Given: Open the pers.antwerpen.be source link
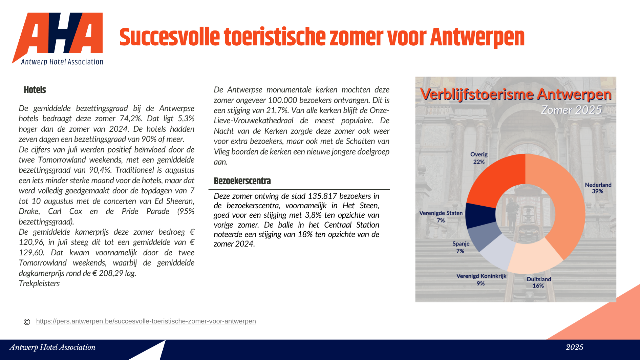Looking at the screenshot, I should pyautogui.click(x=146, y=321).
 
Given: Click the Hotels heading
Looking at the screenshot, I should pyautogui.click(x=35, y=90).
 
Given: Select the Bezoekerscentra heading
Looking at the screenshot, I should pyautogui.click(x=242, y=181).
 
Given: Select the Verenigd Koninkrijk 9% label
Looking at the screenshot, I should pyautogui.click(x=481, y=279).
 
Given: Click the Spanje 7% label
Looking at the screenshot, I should pyautogui.click(x=461, y=247).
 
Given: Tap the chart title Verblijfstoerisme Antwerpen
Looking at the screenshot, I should pyautogui.click(x=515, y=94).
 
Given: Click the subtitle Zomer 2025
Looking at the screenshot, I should pyautogui.click(x=571, y=110).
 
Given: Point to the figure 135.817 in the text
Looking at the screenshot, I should pyautogui.click(x=322, y=196).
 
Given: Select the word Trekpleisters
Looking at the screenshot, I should pyautogui.click(x=39, y=283).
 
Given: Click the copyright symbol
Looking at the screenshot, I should pyautogui.click(x=27, y=322).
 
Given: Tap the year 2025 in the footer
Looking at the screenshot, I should pyautogui.click(x=574, y=347).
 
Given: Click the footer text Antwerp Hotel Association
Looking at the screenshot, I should pyautogui.click(x=52, y=347).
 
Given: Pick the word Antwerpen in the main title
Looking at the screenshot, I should pyautogui.click(x=477, y=37).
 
